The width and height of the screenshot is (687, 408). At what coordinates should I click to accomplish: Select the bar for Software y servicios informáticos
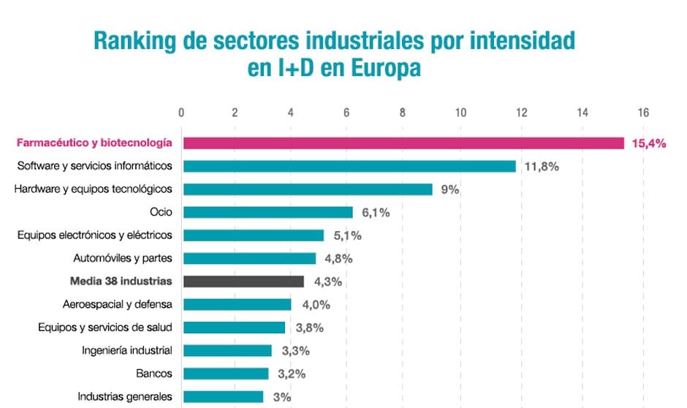tap(349, 166)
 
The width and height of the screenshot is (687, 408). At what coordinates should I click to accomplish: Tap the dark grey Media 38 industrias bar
tap(243, 282)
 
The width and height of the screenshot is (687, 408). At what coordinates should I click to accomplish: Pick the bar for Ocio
tap(267, 212)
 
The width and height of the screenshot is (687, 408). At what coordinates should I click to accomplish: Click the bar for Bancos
tap(226, 374)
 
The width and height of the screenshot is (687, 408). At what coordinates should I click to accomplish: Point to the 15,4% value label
tap(648, 144)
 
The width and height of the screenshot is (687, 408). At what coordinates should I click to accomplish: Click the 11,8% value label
tap(542, 167)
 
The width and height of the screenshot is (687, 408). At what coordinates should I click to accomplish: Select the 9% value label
tap(449, 189)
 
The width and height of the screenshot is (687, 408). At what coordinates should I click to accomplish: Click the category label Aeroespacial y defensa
tap(118, 304)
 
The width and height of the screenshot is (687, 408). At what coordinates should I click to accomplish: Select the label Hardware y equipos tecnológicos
tap(94, 189)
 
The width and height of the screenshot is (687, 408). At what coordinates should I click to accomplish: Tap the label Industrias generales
tap(125, 397)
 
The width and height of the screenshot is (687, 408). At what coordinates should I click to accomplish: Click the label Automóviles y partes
tap(123, 258)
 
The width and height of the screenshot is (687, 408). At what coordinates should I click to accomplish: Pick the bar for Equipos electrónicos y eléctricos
tap(253, 235)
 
